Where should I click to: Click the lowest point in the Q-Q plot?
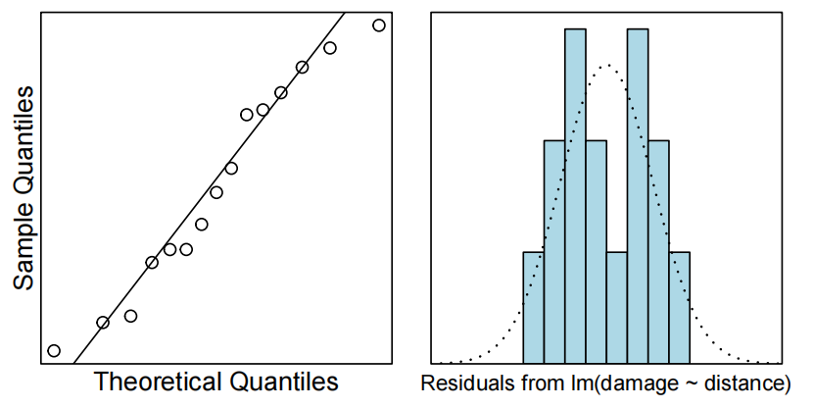tap(54, 351)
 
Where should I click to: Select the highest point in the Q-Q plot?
tap(379, 25)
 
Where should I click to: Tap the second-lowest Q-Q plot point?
tap(103, 323)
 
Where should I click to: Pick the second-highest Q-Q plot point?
tap(330, 48)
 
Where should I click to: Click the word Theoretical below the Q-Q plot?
tap(157, 382)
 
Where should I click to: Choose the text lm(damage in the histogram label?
tap(601, 382)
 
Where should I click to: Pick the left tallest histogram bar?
tap(576, 196)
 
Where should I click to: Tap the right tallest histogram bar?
tap(638, 196)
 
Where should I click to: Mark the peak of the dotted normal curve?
tap(607, 66)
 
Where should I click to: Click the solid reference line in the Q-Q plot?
tap(196, 216)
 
